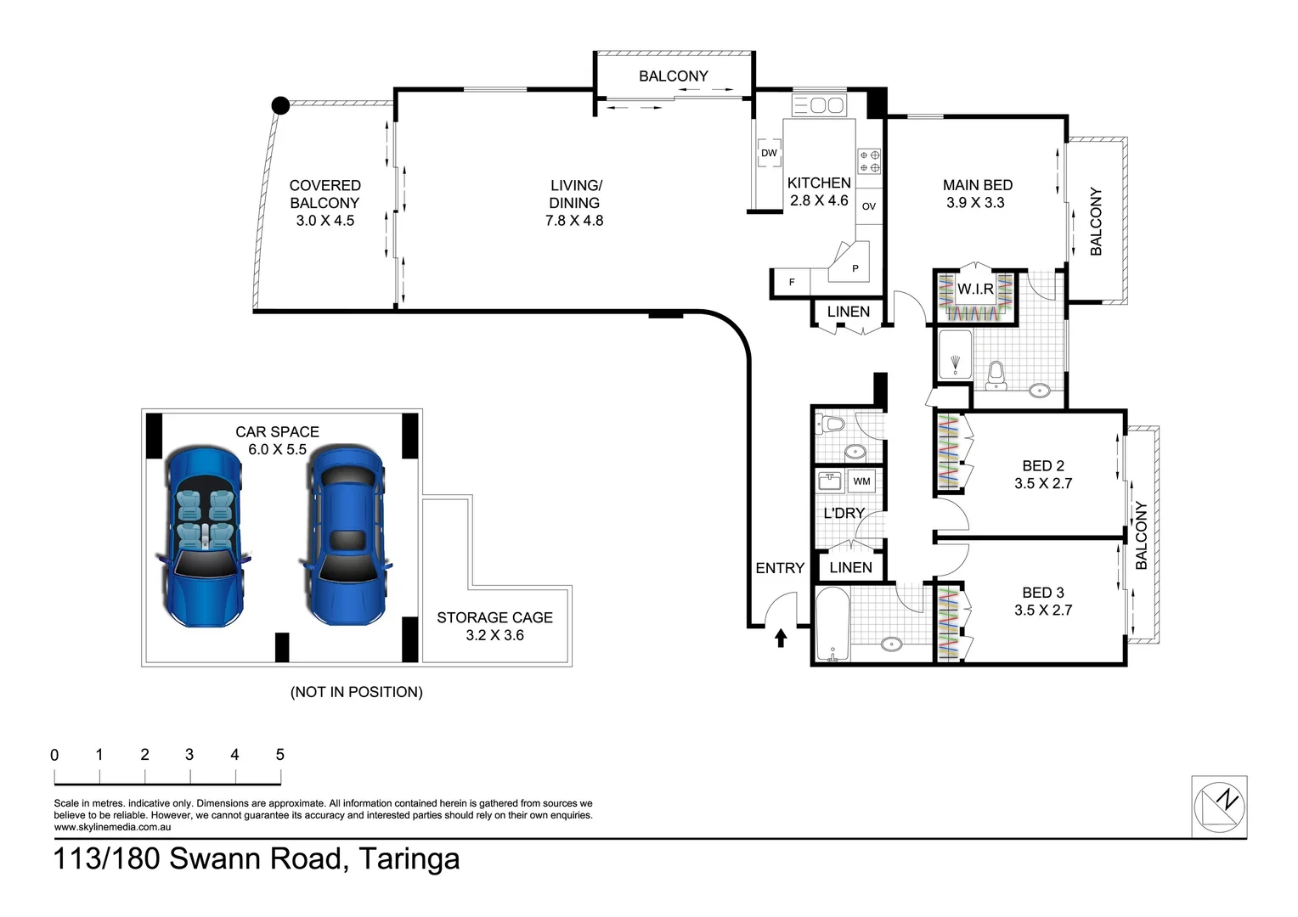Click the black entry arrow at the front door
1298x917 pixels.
click(x=781, y=638)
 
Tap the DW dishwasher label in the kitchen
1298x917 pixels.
click(x=769, y=153)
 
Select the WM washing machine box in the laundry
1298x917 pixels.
click(x=861, y=481)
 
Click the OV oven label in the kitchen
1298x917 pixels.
click(x=868, y=206)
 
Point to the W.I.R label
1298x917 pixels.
click(x=975, y=290)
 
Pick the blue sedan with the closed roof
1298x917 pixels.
click(x=345, y=537)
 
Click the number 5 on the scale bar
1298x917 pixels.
click(x=279, y=755)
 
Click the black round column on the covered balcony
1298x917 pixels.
click(x=280, y=106)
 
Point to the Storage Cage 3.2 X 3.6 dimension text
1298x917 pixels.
click(x=494, y=635)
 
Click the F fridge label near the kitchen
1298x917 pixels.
click(x=792, y=282)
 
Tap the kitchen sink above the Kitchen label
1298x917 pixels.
click(x=818, y=105)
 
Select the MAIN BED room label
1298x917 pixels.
click(x=977, y=185)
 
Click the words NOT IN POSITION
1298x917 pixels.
click(x=356, y=692)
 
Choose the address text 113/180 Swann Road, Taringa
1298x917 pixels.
click(x=257, y=858)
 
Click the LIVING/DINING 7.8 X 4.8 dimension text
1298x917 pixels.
click(x=574, y=221)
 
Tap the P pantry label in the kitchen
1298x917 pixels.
click(x=855, y=268)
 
